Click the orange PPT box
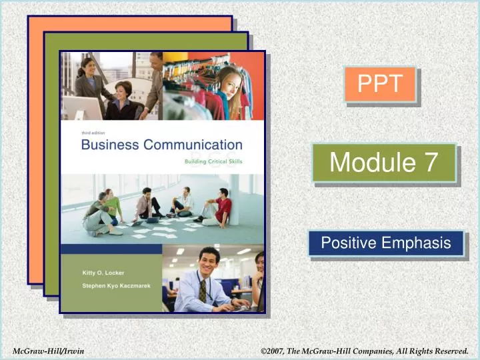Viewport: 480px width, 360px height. pyautogui.click(x=380, y=84)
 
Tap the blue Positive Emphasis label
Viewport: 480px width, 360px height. pyautogui.click(x=385, y=243)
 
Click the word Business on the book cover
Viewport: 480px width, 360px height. pyautogui.click(x=109, y=145)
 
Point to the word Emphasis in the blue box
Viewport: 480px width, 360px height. pyautogui.click(x=417, y=243)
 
